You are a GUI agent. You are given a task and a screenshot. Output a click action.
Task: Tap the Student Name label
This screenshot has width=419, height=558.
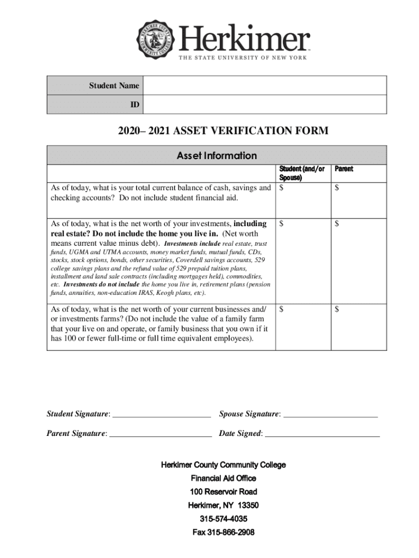(114, 86)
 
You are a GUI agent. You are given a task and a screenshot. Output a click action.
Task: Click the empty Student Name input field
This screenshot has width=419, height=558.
(264, 86)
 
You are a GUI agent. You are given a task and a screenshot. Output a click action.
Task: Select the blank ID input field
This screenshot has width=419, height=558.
(264, 104)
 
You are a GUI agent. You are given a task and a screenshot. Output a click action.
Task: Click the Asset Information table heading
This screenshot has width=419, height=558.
(217, 155)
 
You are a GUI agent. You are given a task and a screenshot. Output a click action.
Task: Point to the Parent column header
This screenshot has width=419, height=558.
(344, 169)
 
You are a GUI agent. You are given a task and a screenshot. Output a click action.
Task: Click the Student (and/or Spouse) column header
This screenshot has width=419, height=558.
(302, 173)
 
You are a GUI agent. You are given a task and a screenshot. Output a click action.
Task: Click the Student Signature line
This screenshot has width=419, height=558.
(161, 414)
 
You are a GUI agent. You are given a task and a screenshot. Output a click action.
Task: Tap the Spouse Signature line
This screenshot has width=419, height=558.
(330, 414)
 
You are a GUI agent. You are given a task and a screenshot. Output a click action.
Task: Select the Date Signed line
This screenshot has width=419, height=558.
(322, 433)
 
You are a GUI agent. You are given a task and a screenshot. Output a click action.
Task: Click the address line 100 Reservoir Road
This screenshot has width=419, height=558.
(223, 491)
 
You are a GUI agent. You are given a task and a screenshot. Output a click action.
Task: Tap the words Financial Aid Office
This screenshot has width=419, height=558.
(223, 478)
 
